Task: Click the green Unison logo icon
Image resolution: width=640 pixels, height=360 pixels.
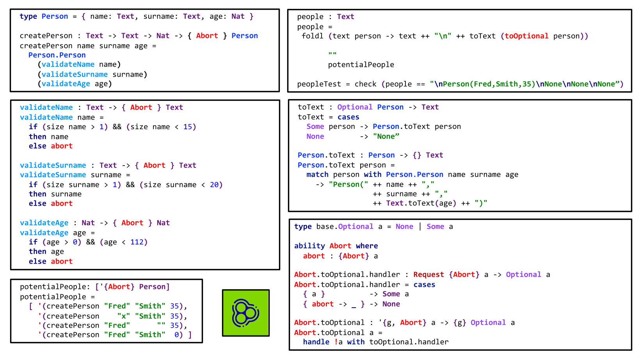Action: pyautogui.click(x=246, y=313)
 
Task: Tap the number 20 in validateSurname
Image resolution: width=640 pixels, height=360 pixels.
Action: pyautogui.click(x=214, y=185)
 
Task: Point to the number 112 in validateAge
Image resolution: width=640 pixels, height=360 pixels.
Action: pyautogui.click(x=137, y=242)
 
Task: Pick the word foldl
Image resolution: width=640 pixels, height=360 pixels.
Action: pyautogui.click(x=312, y=36)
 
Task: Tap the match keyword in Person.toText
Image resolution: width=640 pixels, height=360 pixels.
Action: pyautogui.click(x=317, y=175)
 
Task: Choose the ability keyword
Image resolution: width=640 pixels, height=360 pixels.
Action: pyautogui.click(x=309, y=246)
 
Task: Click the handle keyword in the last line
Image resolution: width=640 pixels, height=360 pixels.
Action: pyautogui.click(x=316, y=342)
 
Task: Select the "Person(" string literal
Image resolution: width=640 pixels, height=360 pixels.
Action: pyautogui.click(x=348, y=184)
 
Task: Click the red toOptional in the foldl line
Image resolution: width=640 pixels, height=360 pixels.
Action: pyautogui.click(x=526, y=36)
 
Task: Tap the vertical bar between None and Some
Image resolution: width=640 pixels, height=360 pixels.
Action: pyautogui.click(x=420, y=227)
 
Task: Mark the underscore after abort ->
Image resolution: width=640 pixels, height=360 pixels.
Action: pyautogui.click(x=354, y=305)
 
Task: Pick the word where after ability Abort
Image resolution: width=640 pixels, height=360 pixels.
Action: pyautogui.click(x=366, y=246)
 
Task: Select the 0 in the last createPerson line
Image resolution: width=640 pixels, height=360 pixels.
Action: pyautogui.click(x=177, y=335)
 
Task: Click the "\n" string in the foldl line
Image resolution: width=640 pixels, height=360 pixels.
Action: pyautogui.click(x=443, y=36)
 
